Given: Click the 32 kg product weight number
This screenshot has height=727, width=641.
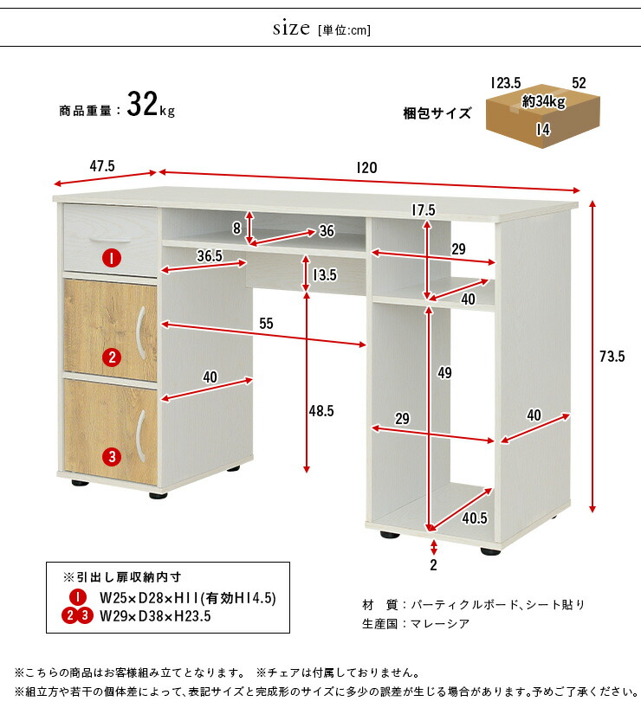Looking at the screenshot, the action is [x=142, y=104].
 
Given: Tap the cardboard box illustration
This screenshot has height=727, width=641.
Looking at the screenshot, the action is [x=542, y=116].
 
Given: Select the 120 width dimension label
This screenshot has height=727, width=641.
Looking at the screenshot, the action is [x=366, y=168].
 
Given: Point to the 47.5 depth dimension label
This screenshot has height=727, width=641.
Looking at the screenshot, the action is [x=102, y=166].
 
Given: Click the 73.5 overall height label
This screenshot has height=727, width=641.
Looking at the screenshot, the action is [x=612, y=357].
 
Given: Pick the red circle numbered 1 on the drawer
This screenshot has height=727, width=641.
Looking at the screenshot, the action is [x=112, y=258].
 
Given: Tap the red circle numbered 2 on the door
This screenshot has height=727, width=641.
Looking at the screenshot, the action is [x=112, y=357].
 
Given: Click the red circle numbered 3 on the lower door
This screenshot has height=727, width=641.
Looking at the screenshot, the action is [x=112, y=457].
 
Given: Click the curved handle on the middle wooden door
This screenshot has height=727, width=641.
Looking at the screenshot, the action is [x=141, y=332].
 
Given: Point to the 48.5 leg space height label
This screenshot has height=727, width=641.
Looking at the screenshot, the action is [x=321, y=411].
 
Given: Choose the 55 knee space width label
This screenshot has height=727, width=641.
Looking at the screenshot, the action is [x=266, y=324].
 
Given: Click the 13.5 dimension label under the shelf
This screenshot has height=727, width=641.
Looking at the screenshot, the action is [x=325, y=275].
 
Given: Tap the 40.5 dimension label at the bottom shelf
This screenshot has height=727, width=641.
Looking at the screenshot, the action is [x=475, y=518].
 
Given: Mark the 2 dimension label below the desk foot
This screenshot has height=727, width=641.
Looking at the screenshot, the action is [x=433, y=564].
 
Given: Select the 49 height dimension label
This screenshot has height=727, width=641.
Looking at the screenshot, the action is [x=444, y=373].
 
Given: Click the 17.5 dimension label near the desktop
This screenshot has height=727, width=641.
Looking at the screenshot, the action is [x=424, y=210].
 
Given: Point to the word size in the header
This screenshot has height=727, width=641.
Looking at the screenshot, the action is [x=291, y=29].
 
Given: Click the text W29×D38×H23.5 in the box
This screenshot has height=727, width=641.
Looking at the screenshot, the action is [x=155, y=616].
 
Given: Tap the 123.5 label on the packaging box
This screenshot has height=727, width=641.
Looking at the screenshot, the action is [x=506, y=83].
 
